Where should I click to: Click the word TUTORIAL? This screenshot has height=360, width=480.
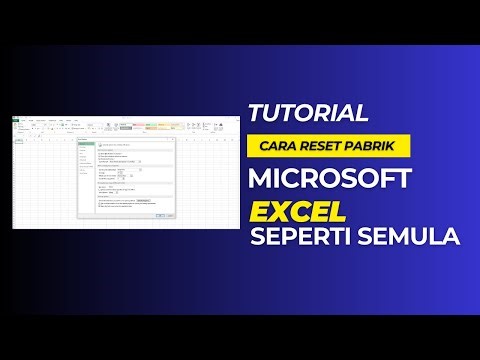(309, 111)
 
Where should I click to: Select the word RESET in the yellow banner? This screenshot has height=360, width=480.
(318, 145)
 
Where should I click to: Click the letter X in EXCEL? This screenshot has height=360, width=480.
(276, 213)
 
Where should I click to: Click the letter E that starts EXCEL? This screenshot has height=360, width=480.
(258, 213)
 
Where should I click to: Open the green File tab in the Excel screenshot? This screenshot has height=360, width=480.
(17, 120)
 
